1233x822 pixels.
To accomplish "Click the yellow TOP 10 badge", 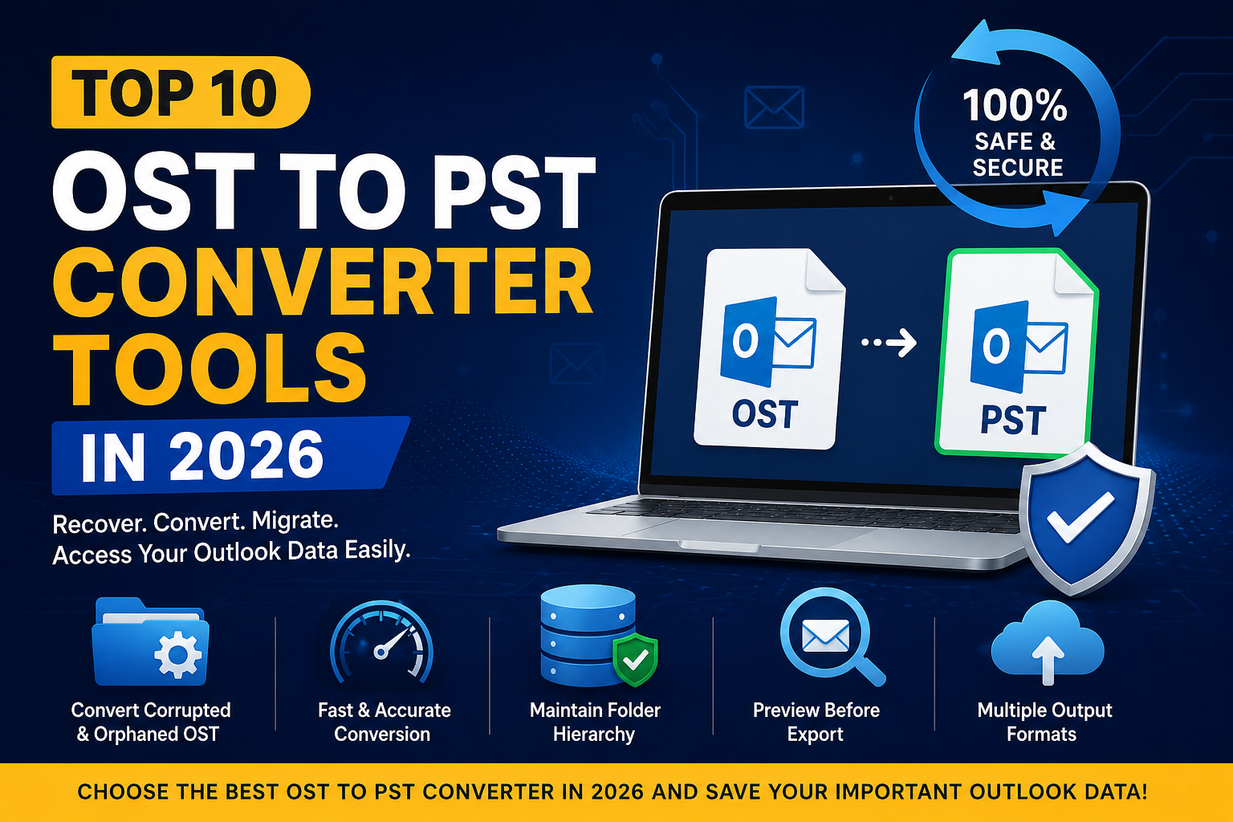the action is [181, 92].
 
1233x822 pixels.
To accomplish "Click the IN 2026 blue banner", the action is [230, 455].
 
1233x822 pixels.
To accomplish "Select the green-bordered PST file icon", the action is [1016, 352].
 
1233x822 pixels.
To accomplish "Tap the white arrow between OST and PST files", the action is [889, 343].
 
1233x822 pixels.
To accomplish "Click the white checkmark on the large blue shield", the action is [1080, 516].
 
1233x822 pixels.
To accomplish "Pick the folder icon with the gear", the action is [150, 641].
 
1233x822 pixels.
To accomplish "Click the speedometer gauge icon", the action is [381, 641].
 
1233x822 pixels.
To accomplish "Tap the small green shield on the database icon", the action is [635, 659].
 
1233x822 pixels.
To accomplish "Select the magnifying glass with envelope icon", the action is [831, 637].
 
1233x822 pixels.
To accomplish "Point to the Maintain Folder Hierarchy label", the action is [595, 722].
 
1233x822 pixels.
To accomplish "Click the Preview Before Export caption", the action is [816, 722].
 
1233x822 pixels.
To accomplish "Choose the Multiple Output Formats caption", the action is [1044, 722].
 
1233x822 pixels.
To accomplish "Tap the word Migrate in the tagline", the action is [295, 520].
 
